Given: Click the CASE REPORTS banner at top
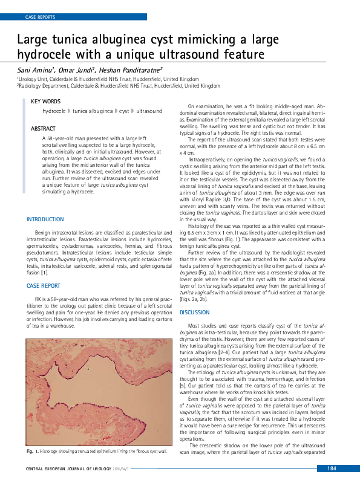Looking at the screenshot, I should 41,17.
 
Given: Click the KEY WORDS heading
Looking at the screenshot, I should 45,102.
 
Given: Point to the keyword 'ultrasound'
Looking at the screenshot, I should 149,112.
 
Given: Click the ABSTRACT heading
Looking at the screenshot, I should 43,129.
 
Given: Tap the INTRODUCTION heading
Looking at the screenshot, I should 45,219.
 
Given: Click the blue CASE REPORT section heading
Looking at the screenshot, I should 44,285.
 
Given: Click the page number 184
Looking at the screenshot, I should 332,469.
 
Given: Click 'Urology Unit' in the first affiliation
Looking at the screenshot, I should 34,79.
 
